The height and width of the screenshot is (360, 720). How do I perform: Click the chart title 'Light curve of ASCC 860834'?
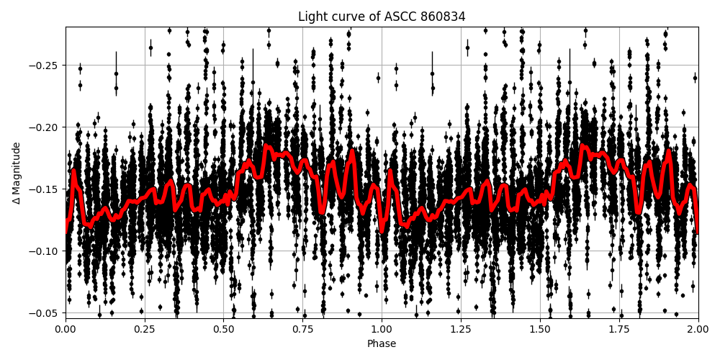pyautogui.click(x=382, y=17)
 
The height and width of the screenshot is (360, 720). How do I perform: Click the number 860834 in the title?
pyautogui.click(x=444, y=17)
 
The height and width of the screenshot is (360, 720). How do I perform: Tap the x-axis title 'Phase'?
pyautogui.click(x=382, y=343)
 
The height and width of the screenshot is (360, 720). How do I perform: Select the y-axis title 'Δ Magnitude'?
pyautogui.click(x=17, y=173)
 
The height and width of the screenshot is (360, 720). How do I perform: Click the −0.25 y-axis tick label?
pyautogui.click(x=45, y=66)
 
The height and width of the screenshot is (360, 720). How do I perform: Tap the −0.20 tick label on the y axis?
pyautogui.click(x=45, y=127)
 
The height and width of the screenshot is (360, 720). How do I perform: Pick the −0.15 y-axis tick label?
pyautogui.click(x=45, y=189)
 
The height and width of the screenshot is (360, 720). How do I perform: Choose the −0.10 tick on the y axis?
pyautogui.click(x=45, y=251)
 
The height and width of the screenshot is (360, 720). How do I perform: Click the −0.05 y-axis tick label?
pyautogui.click(x=45, y=313)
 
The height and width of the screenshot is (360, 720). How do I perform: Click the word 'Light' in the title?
pyautogui.click(x=312, y=17)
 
